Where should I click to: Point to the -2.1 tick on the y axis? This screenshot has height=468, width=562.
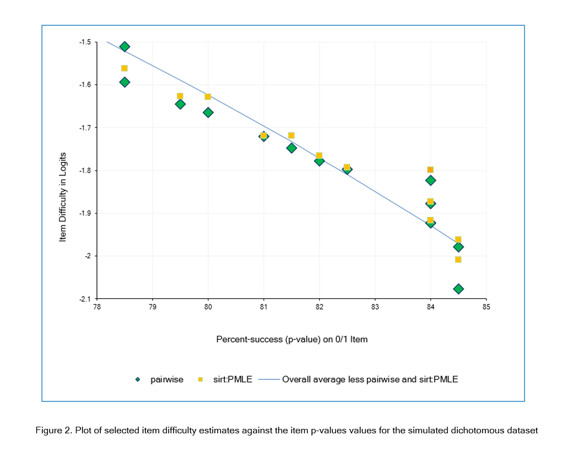point(84,299)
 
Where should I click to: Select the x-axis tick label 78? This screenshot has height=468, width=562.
point(97,307)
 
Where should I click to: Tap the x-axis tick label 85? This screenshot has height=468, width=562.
point(486,307)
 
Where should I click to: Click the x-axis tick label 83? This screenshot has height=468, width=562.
point(375,307)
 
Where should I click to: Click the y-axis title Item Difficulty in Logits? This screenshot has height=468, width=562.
point(63,197)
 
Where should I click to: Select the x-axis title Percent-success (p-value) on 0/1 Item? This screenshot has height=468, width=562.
point(291,339)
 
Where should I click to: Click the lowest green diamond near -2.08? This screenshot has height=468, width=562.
point(458,289)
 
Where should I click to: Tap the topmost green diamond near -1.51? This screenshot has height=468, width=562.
point(125,47)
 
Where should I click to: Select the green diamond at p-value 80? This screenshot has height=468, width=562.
point(208,112)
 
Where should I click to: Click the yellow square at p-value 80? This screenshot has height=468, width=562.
point(208,96)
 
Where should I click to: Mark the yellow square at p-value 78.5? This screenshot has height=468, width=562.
point(125,68)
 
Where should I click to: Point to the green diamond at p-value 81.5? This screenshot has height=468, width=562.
point(291,148)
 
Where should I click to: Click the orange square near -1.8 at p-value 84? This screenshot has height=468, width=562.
point(430,170)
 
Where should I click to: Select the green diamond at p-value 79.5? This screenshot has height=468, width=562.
point(180,104)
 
